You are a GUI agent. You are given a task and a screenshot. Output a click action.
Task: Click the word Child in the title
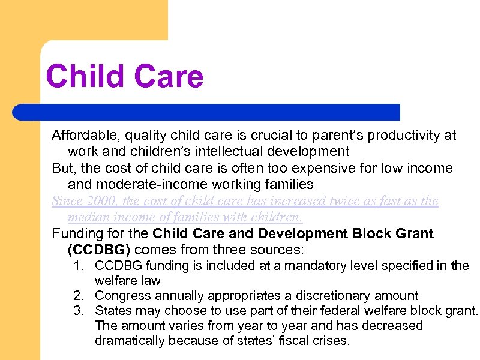click(85, 77)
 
